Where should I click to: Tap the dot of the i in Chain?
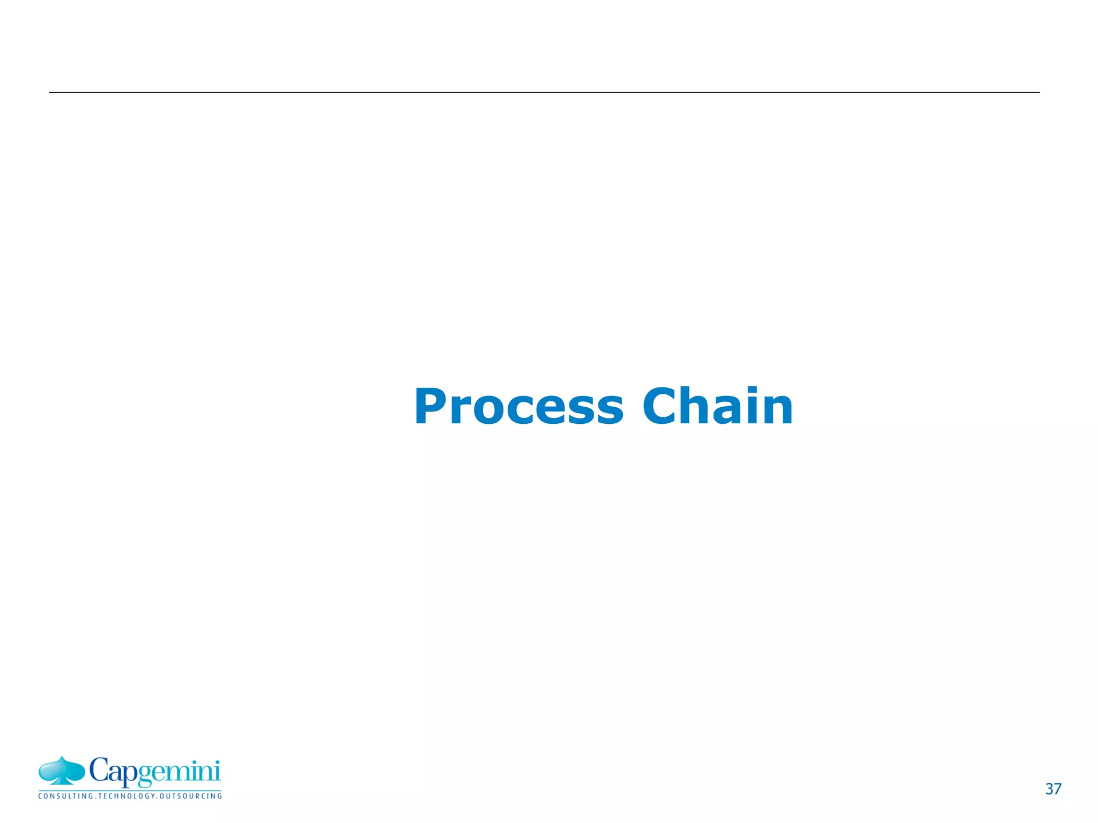point(753,390)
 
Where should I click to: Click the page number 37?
point(1053,789)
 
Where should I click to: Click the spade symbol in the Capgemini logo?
point(62,771)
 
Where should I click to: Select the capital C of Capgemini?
point(100,770)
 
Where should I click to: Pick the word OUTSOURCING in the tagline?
point(190,796)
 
